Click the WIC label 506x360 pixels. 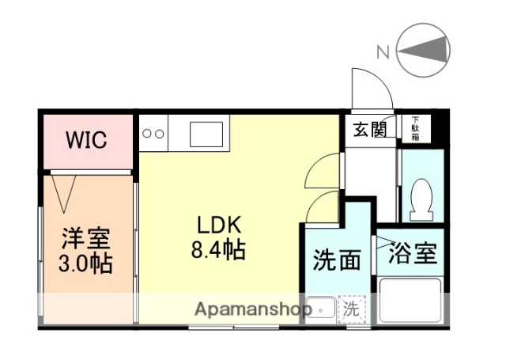click(x=87, y=140)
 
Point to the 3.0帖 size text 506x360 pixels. click(x=87, y=263)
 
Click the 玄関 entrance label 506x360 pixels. click(x=369, y=129)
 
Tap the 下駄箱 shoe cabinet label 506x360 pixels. click(x=414, y=129)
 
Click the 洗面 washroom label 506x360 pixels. click(x=336, y=260)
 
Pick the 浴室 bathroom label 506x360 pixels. click(x=411, y=255)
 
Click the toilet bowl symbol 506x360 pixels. click(x=422, y=198)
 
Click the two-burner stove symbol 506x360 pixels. click(x=153, y=134)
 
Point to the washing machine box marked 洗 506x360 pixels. click(x=350, y=310)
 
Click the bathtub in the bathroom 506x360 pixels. click(x=411, y=301)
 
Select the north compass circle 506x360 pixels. click(x=423, y=50)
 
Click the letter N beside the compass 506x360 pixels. click(x=383, y=53)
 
